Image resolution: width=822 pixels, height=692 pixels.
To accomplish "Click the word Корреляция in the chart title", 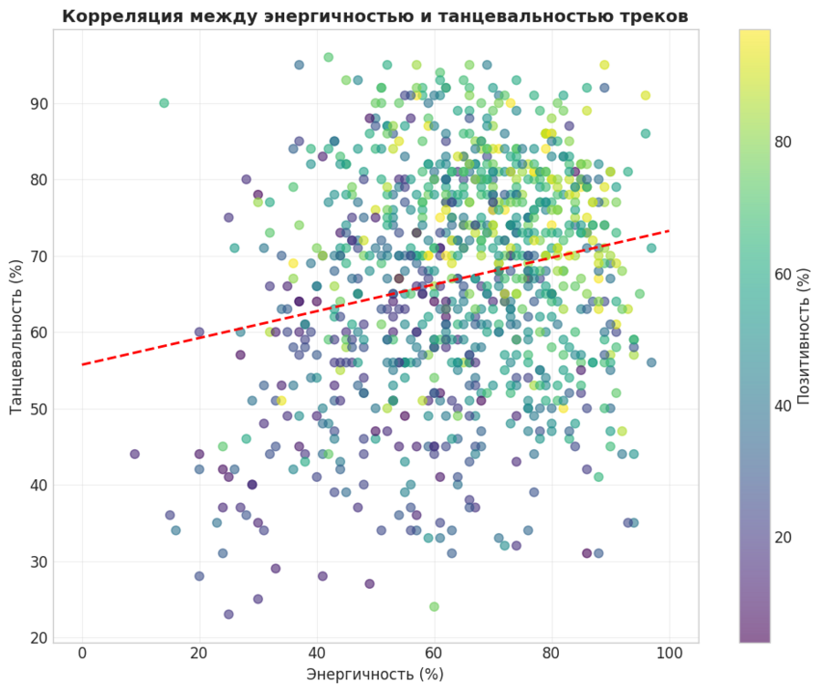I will coord(116,16).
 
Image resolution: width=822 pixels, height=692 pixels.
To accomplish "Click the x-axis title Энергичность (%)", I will coord(374,675).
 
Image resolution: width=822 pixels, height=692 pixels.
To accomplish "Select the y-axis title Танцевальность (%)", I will coord(16,336).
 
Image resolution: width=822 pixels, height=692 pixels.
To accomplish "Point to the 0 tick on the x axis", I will coord(82,654).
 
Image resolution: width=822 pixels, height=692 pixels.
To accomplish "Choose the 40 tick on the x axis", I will coord(317,654).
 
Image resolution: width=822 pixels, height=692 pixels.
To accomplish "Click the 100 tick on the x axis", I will coord(669,654).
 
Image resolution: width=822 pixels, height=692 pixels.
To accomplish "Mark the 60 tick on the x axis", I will coord(434,654).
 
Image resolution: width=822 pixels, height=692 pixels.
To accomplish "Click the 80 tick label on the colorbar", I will coord(784,142).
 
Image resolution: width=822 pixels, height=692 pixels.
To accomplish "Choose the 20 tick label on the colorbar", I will coord(784,537).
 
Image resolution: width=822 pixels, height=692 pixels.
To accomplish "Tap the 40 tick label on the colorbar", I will coord(784,405).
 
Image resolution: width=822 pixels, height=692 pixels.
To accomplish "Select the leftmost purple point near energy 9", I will coord(135,454).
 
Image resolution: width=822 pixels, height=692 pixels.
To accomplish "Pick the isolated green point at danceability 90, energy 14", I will coord(164,103).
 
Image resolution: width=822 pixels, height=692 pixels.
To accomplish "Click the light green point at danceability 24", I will coord(434,606).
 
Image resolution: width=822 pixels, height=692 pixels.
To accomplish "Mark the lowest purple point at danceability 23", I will coord(228,614).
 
